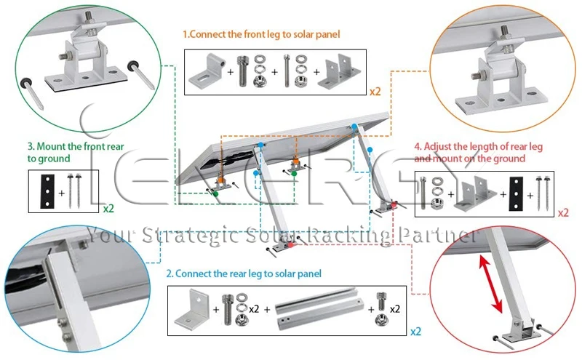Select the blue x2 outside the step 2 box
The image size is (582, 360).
(415, 332)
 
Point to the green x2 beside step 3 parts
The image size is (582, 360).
(108, 207)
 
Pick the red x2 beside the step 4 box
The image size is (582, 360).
(562, 213)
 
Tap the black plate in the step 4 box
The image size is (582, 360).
(516, 193)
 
